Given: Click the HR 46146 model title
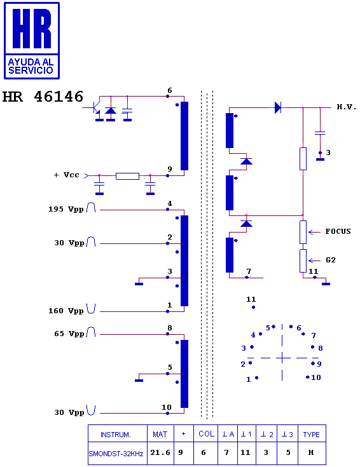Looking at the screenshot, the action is pos(43,97).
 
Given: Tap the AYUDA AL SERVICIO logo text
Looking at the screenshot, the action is pos(31,66).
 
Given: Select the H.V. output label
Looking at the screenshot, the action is pos(347,107).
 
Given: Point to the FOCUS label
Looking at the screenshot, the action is pos(338,231).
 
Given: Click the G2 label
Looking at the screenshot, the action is pos(331,260).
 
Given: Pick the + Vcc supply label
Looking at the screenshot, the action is pos(67,175).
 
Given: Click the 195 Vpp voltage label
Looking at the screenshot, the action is pos(66,209).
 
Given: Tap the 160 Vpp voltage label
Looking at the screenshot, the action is pos(66,311).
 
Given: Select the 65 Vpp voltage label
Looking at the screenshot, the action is pos(69,334).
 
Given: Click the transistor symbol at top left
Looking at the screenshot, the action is pos(96,108).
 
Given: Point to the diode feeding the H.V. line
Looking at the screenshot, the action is pos(278,107).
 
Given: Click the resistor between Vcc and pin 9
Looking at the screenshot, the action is pos(127,176).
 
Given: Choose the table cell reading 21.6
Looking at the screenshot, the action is pos(160,452).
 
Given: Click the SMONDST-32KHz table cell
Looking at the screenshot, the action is pos(116,454).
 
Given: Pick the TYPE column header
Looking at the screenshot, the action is pos(312,435).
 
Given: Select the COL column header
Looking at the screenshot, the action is pos(206,434).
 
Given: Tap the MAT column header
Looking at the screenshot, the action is pos(160,435).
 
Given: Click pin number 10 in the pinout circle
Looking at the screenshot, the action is pos(316,377).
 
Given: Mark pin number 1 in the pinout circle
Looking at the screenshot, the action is pos(249,379).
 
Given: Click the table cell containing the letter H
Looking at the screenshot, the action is pos(311,452).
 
